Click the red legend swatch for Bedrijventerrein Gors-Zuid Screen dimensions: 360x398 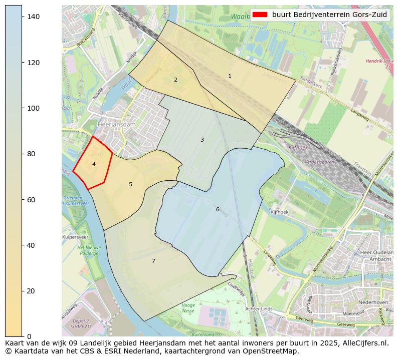tap(260, 15)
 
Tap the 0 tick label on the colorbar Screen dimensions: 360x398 tap(30, 336)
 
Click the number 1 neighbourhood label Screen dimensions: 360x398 tap(230, 76)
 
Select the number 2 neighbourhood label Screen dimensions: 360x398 tap(175, 80)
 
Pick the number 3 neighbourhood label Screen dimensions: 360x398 tap(202, 140)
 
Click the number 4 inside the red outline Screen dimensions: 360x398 tap(94, 164)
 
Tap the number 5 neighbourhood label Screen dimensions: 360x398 tap(130, 185)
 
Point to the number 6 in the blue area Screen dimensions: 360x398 tap(218, 209)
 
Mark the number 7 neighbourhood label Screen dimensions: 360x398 tap(153, 261)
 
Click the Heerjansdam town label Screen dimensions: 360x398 tap(116, 125)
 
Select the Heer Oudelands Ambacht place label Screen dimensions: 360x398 tap(376, 256)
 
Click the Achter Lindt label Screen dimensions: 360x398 tap(259, 309)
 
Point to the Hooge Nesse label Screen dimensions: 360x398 tap(188, 308)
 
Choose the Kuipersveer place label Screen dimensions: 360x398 tap(75, 237)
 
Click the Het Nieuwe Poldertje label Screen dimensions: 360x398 tap(89, 250)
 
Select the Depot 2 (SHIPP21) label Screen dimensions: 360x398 tap(81, 323)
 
